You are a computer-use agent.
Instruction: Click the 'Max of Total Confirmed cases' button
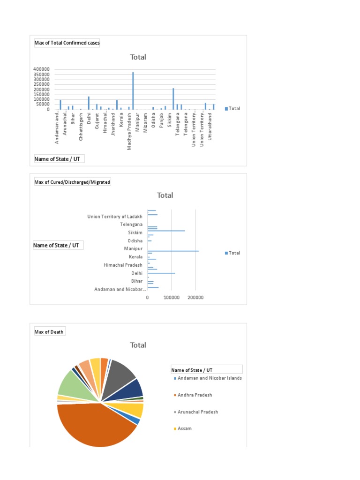(x=67, y=43)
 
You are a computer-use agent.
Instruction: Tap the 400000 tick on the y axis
(x=42, y=69)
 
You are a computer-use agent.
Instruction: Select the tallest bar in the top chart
(x=133, y=90)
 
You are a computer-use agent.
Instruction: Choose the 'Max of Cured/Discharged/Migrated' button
(x=72, y=181)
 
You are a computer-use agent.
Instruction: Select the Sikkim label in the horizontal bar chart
(x=135, y=232)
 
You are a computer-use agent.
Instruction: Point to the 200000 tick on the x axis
(x=196, y=298)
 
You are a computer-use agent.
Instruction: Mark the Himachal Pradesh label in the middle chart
(x=123, y=265)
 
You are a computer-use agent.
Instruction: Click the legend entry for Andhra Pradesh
(x=195, y=395)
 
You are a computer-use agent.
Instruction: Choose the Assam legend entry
(x=184, y=428)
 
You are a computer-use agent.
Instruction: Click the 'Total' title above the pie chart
(x=138, y=345)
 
